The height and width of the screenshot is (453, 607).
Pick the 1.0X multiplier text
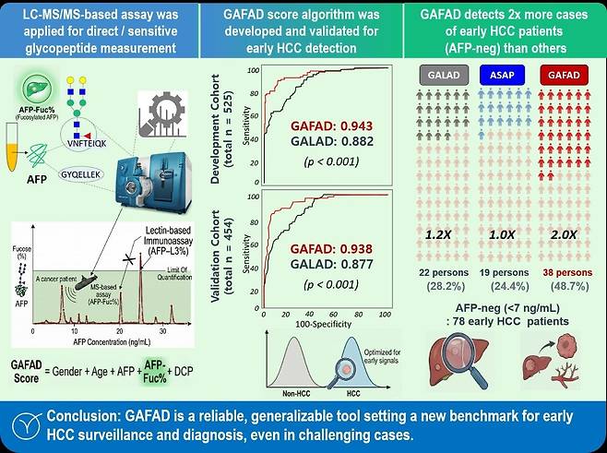pos(502,234)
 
